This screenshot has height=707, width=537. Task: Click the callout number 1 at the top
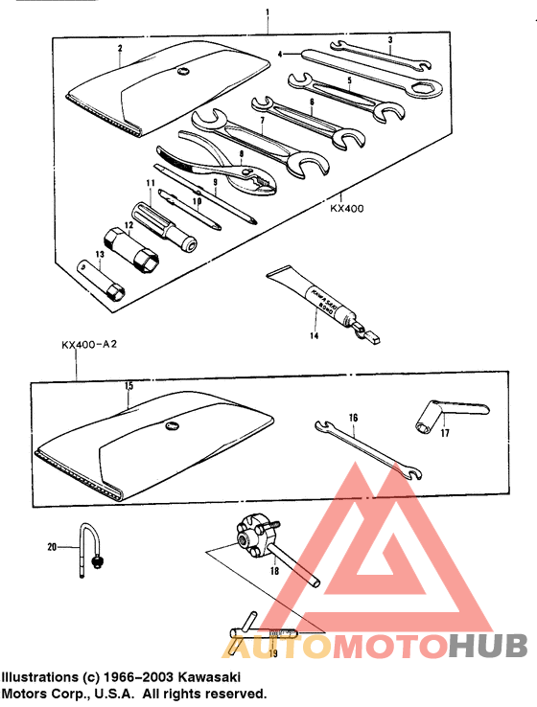(268, 12)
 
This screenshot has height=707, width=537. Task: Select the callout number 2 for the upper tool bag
(120, 47)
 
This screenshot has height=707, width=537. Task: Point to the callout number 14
(314, 337)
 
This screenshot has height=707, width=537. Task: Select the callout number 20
(52, 547)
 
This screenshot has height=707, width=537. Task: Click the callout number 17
(444, 433)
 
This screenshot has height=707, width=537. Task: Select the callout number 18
(274, 570)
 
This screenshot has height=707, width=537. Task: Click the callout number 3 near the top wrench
(391, 39)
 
